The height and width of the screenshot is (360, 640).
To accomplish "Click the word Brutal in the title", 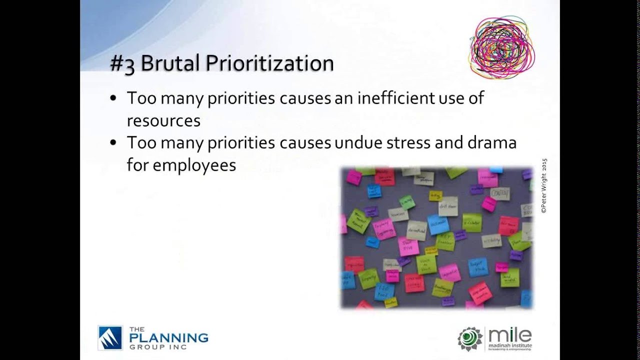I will (170, 63).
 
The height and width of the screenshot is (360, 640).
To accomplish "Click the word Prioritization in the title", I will (269, 63).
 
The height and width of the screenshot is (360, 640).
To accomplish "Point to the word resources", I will (163, 120).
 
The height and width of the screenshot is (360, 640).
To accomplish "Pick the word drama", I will (491, 142).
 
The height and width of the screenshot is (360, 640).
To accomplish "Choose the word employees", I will (194, 165).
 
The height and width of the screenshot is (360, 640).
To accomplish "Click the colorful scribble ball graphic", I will (502, 48).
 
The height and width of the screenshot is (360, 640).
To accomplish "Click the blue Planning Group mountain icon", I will (110, 338).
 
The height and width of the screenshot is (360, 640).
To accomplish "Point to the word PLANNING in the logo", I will (168, 337).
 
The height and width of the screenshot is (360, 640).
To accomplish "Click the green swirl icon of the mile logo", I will (470, 339).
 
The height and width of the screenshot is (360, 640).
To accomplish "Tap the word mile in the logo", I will (509, 335).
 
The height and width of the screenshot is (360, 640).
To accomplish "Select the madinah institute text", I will (510, 345).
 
